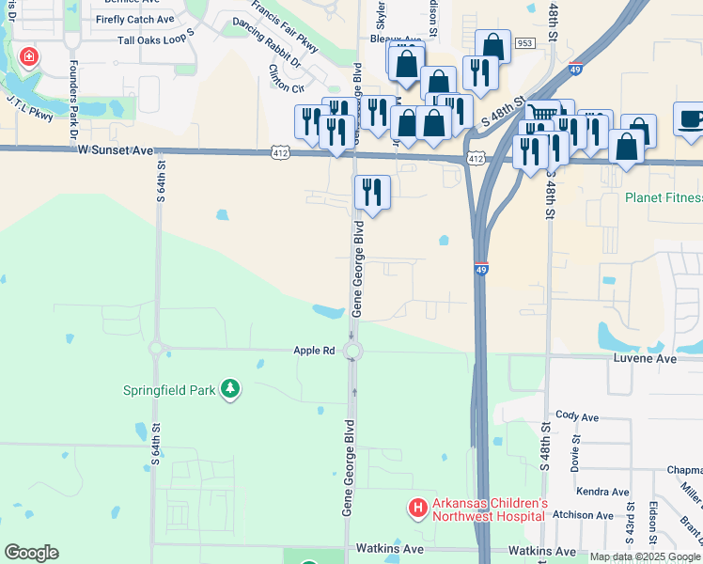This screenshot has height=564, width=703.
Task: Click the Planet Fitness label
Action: tap(664, 198)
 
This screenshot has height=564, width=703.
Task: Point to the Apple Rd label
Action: tap(315, 351)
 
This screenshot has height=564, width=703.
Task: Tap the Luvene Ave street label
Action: tap(646, 359)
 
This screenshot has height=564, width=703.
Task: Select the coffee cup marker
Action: tap(691, 119)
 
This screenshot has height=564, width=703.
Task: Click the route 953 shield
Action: tap(524, 43)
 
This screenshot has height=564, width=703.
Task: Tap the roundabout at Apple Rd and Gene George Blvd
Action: tap(353, 352)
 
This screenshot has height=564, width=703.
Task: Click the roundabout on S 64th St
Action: tap(156, 349)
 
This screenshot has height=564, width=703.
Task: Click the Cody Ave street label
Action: tap(577, 416)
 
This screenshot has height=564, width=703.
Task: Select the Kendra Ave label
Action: tap(603, 492)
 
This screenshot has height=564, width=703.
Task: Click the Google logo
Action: tap(32, 553)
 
